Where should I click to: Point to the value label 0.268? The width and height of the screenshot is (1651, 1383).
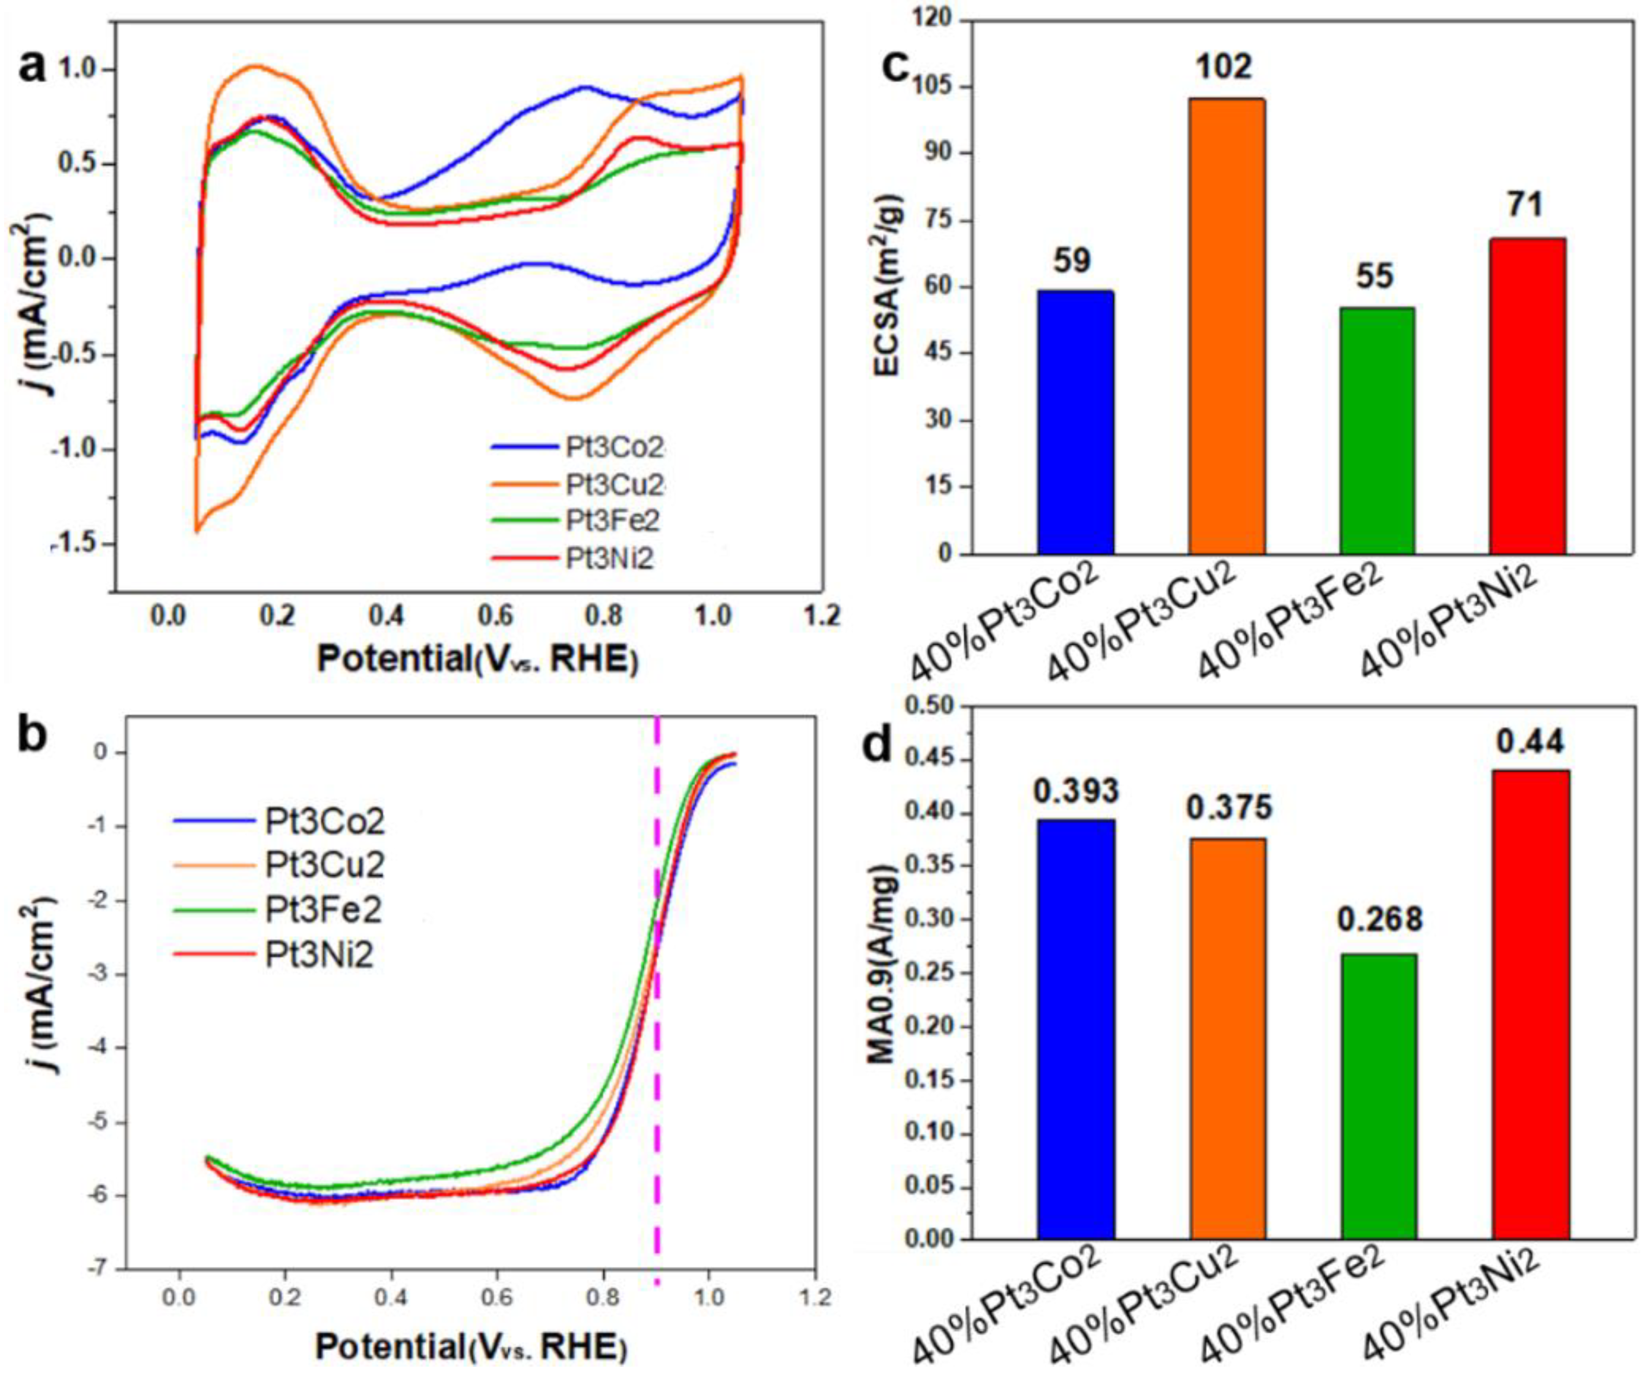pyautogui.click(x=1380, y=919)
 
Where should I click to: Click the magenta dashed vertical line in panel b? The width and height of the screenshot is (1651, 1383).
pyautogui.click(x=657, y=1022)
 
